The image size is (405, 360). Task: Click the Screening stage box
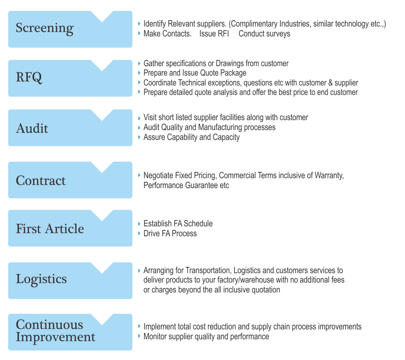[70, 29]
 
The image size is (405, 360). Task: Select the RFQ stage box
[70, 78]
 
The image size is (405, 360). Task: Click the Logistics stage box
[70, 280]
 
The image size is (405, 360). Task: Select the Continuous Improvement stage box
[70, 332]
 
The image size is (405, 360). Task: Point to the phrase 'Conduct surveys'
[264, 34]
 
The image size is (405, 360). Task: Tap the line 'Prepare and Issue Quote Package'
[195, 73]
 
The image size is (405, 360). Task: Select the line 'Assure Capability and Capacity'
[191, 137]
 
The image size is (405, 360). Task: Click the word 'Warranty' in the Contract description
[329, 176]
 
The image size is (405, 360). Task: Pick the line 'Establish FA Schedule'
[178, 224]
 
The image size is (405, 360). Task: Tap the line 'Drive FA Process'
[170, 234]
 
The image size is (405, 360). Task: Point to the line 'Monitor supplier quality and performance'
[206, 337]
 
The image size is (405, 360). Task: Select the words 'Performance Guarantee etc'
[186, 185]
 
